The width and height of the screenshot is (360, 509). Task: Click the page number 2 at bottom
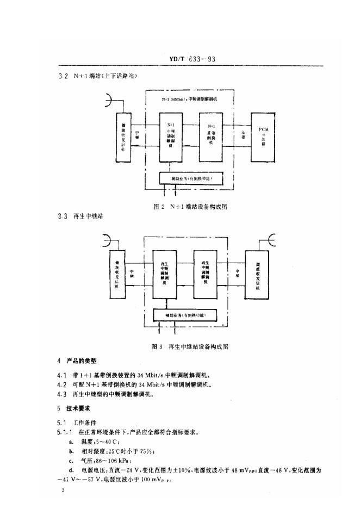pos(64,490)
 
